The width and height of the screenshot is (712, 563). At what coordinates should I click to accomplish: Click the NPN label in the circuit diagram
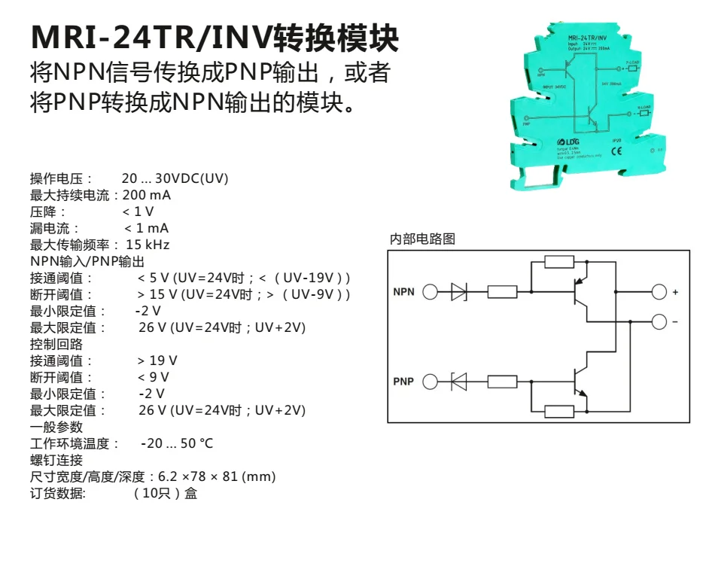(x=403, y=292)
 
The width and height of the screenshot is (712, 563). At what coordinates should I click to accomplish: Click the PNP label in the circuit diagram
(x=403, y=382)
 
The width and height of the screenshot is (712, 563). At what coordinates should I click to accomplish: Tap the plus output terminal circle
(x=659, y=292)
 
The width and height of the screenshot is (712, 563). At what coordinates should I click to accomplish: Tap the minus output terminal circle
(x=659, y=321)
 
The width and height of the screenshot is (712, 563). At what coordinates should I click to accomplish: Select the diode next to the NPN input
(x=458, y=292)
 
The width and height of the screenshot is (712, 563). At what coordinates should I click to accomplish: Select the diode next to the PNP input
(x=458, y=382)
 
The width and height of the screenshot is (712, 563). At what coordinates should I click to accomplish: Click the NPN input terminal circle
(x=430, y=292)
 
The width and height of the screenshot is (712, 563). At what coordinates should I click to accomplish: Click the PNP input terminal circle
(x=430, y=382)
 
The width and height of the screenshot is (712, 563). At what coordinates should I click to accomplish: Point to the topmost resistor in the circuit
(x=559, y=262)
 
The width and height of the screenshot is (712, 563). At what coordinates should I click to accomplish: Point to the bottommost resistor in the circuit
(x=559, y=411)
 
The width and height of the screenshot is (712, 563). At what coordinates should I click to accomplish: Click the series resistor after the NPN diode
(x=502, y=292)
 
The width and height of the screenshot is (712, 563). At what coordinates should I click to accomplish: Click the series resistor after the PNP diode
(x=502, y=382)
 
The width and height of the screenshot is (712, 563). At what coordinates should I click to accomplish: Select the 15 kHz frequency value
(x=148, y=245)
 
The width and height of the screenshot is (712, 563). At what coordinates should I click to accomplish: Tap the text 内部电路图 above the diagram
(x=422, y=239)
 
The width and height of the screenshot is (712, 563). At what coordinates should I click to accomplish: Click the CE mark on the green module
(x=616, y=149)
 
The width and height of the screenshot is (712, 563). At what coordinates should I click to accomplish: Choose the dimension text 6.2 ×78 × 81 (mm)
(x=217, y=476)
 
